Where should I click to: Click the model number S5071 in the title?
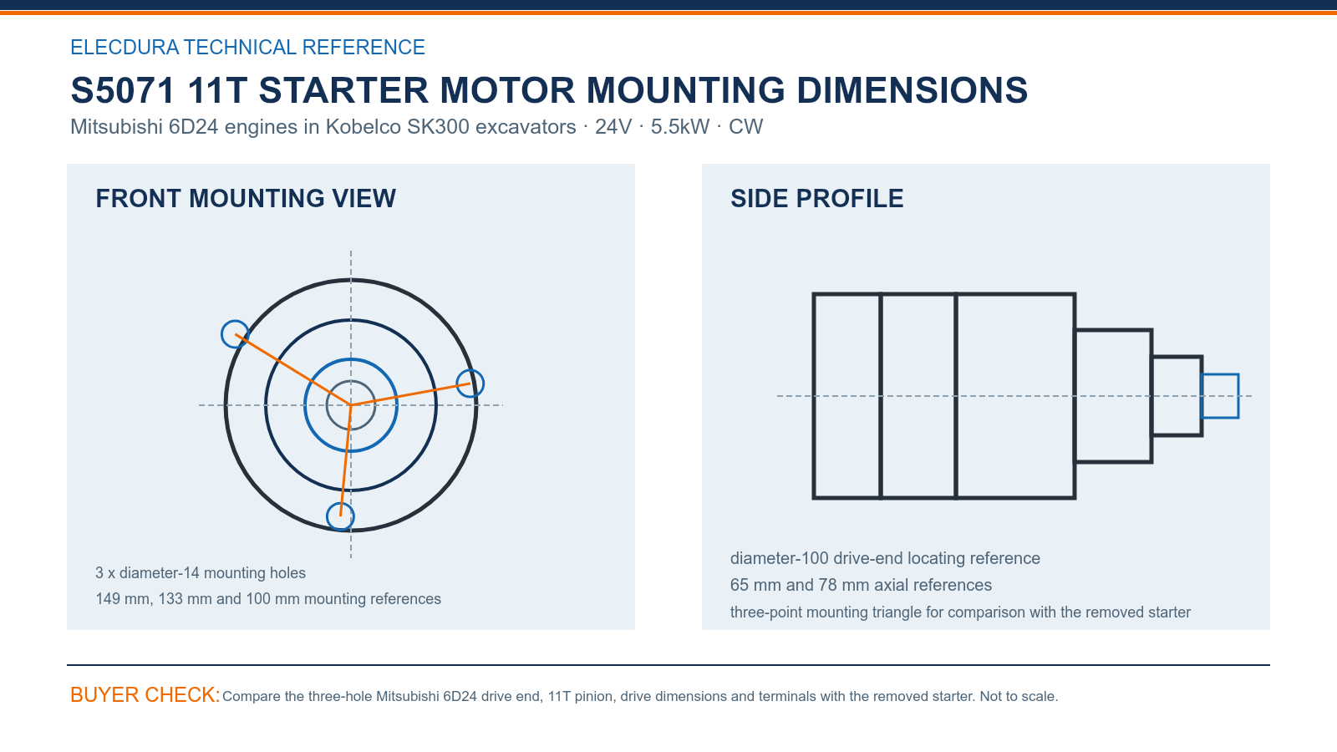click(122, 90)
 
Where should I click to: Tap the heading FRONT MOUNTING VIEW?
click(246, 199)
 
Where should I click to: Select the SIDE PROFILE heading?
click(816, 199)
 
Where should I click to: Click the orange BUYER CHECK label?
click(145, 694)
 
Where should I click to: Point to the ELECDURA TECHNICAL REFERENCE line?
click(247, 47)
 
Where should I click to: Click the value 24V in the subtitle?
click(613, 126)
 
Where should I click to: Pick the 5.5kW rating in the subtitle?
click(680, 126)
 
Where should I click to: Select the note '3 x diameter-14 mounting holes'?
click(201, 573)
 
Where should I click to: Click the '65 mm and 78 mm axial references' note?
click(861, 585)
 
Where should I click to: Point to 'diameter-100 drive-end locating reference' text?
click(885, 558)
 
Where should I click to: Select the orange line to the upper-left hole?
click(293, 370)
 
